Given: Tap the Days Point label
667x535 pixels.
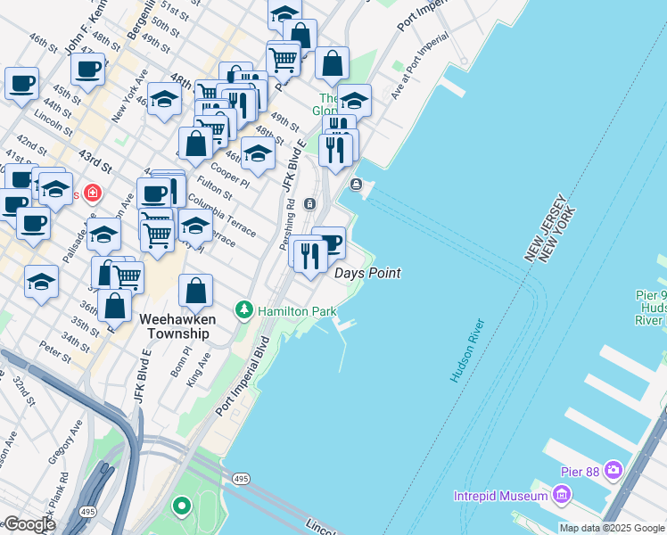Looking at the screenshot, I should tap(367, 273).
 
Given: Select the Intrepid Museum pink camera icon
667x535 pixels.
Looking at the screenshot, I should tap(561, 494).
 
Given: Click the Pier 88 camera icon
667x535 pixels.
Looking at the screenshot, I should tap(613, 469).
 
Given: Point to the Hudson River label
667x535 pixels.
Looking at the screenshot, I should tap(467, 350).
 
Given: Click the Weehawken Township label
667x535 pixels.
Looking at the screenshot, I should tap(174, 325).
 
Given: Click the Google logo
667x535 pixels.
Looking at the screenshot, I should tap(29, 524).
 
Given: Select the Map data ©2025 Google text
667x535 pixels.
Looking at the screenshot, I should tap(612, 528).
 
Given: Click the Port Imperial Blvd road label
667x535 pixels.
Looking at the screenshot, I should tap(242, 375).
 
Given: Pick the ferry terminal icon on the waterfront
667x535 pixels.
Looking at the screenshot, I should tap(356, 185).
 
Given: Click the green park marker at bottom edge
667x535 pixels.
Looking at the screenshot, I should tap(182, 508).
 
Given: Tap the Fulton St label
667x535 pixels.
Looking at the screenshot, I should tap(215, 189).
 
